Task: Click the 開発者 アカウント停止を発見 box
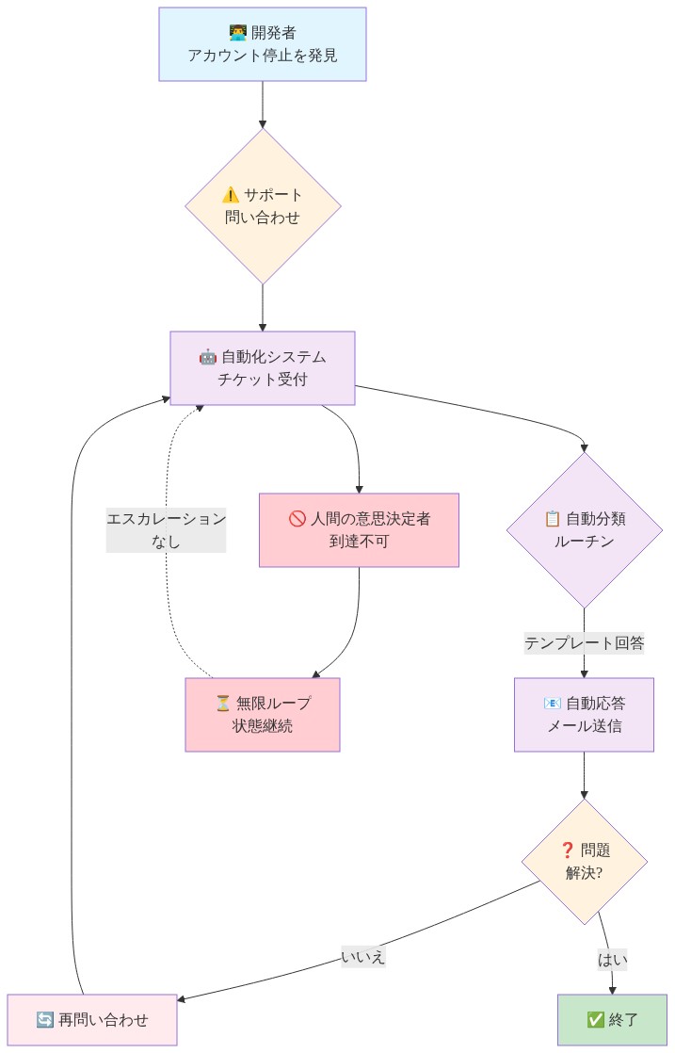262,44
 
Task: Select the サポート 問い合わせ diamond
262,205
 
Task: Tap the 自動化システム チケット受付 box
262,367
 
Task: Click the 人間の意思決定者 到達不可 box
359,529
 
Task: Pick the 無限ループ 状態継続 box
262,714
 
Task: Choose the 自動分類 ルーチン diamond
584,529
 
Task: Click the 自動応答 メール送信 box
584,714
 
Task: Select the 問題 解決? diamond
584,861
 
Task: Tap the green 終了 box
612,1019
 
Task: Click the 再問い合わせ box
91,1019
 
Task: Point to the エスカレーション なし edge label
166,529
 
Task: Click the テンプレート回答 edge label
584,643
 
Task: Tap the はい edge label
612,960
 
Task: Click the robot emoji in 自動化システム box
208,357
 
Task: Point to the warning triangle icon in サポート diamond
231,195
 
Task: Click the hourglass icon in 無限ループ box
223,704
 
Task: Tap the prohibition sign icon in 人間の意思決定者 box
297,519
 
